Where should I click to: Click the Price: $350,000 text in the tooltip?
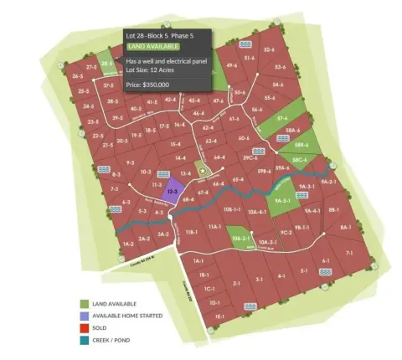147,85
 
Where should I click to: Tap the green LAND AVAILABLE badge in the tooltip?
153,48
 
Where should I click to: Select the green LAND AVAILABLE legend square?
85,304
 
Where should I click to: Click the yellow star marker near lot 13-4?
202,171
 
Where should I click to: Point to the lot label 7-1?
348,252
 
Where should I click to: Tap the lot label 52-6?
269,50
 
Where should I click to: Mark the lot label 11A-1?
214,226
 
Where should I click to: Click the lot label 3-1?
260,278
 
